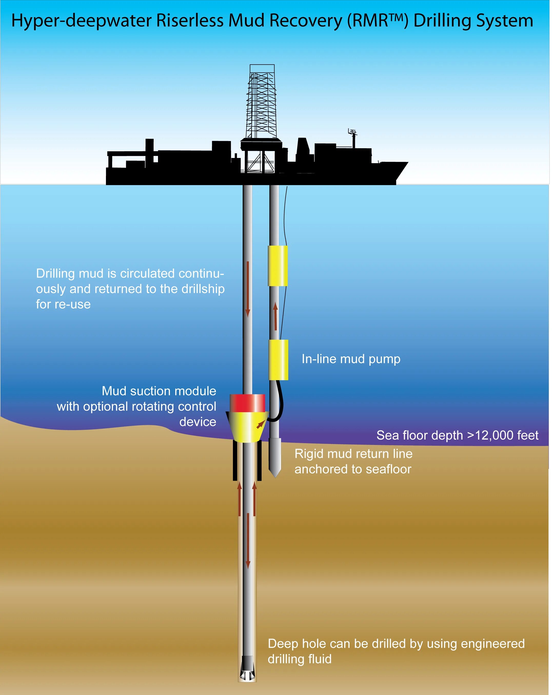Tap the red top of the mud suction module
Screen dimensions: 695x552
pyautogui.click(x=247, y=403)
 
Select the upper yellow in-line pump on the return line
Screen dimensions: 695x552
pyautogui.click(x=278, y=266)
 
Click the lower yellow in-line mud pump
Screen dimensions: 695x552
pyautogui.click(x=278, y=360)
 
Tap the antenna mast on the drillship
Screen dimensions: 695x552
pyautogui.click(x=353, y=137)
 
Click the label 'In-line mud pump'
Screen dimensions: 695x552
pyautogui.click(x=351, y=359)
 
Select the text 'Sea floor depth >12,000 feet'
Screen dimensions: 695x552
pyautogui.click(x=457, y=435)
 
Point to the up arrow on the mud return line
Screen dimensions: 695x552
pyautogui.click(x=275, y=316)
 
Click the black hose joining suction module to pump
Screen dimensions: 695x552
pyautogui.click(x=280, y=403)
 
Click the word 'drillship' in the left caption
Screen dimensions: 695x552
pyautogui.click(x=203, y=289)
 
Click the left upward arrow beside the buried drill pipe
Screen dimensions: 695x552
pyautogui.click(x=240, y=498)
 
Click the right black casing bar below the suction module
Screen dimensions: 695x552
pyautogui.click(x=259, y=460)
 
